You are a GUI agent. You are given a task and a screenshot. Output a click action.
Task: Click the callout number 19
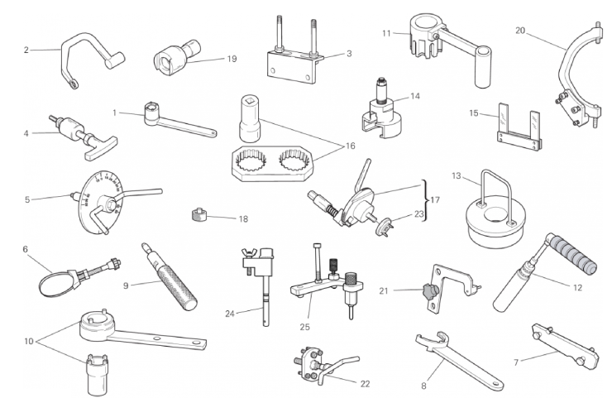click(x=232, y=59)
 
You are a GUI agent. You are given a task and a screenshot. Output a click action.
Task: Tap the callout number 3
click(x=349, y=54)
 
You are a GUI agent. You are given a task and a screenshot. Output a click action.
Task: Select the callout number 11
click(x=386, y=33)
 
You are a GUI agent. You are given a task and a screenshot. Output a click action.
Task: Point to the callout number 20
click(x=520, y=31)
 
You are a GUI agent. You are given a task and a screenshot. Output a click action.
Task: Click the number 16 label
click(x=351, y=146)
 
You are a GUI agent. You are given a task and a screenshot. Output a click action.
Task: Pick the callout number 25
click(x=305, y=327)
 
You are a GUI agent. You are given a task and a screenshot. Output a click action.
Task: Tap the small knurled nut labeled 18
click(x=199, y=214)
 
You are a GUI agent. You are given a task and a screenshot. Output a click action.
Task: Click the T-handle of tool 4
click(x=100, y=148)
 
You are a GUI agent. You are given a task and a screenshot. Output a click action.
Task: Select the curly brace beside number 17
click(x=424, y=200)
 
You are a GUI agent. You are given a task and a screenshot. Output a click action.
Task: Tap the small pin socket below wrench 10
click(x=98, y=375)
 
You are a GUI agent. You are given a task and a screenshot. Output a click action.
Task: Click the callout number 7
click(x=516, y=363)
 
